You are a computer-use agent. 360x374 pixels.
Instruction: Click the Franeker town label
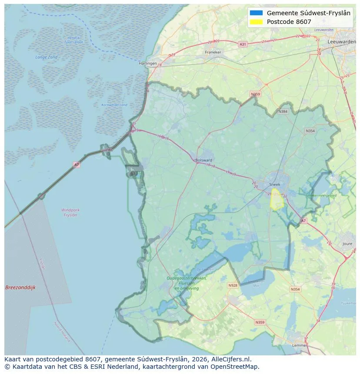click(213, 52)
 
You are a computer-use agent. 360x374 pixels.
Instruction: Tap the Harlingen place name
click(147, 63)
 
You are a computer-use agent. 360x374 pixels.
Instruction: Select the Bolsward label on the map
click(204, 160)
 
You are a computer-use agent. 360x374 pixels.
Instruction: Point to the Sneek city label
click(275, 184)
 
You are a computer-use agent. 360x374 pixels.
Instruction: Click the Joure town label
click(347, 244)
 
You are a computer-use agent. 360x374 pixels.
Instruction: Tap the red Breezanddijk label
click(20, 288)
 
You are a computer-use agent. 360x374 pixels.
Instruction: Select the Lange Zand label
click(46, 57)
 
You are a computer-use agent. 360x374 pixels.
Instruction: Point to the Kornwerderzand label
click(114, 105)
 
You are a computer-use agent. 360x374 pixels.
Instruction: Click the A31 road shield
click(243, 44)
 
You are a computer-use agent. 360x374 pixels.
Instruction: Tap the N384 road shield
click(283, 112)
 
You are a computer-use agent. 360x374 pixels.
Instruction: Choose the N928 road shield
click(233, 285)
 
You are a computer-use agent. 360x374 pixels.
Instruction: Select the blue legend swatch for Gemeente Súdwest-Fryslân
click(257, 13)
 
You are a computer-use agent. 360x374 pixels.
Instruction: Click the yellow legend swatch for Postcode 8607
click(257, 22)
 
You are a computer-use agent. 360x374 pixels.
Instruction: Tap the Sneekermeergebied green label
click(321, 196)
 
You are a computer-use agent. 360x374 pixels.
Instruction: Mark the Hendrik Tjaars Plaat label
click(73, 40)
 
